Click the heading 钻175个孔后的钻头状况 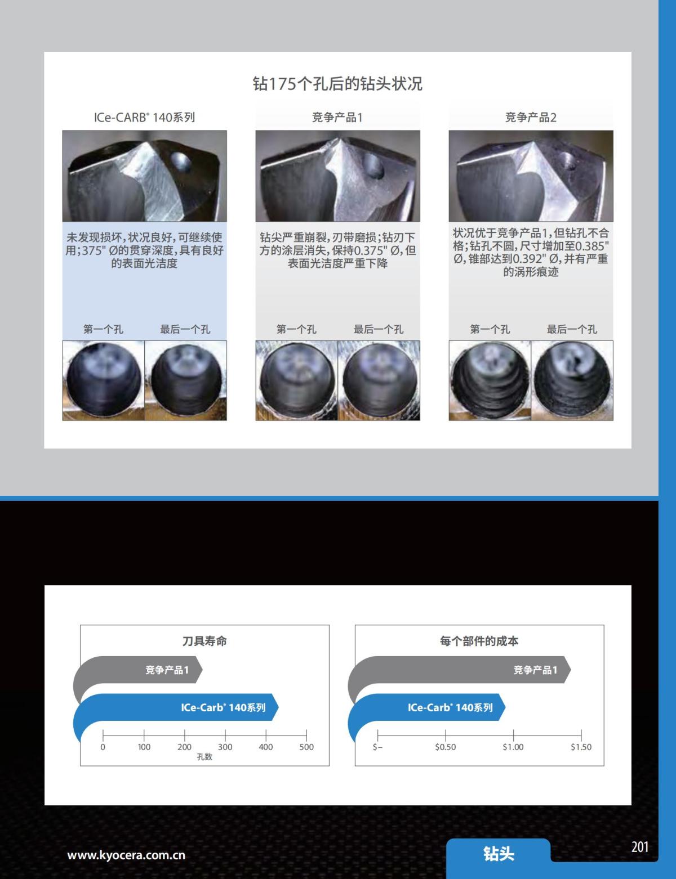pyautogui.click(x=337, y=84)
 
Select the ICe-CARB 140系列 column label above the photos pyautogui.click(x=144, y=117)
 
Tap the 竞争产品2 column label pyautogui.click(x=531, y=117)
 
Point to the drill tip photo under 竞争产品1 pyautogui.click(x=337, y=176)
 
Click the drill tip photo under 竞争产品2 pyautogui.click(x=531, y=176)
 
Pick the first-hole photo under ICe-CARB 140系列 pyautogui.click(x=104, y=380)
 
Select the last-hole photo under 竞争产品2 pyautogui.click(x=572, y=380)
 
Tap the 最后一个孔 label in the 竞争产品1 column pyautogui.click(x=378, y=329)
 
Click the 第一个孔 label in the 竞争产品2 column pyautogui.click(x=490, y=329)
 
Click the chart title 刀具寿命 pyautogui.click(x=204, y=641)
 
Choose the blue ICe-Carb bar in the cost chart pyautogui.click(x=428, y=708)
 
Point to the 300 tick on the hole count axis pyautogui.click(x=225, y=747)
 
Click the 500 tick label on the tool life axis pyautogui.click(x=306, y=747)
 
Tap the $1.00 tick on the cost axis pyautogui.click(x=513, y=747)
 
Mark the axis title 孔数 pyautogui.click(x=204, y=757)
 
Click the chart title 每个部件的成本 pyautogui.click(x=479, y=641)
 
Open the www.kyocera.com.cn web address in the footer pyautogui.click(x=126, y=855)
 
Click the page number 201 pyautogui.click(x=640, y=847)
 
